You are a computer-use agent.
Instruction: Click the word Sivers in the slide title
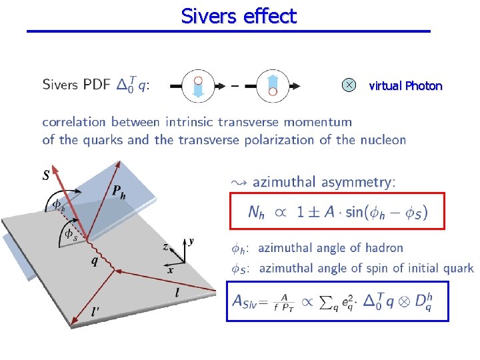[x=205, y=15]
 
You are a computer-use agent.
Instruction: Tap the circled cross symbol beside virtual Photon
[x=348, y=85]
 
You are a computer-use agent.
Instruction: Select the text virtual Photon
[x=405, y=85]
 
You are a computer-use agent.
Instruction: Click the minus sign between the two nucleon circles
[x=234, y=86]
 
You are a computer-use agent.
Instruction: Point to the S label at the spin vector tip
[x=45, y=176]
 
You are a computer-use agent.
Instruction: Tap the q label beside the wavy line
[x=97, y=261]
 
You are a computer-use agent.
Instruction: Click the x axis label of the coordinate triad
[x=171, y=271]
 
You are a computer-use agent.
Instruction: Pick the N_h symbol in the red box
[x=256, y=213]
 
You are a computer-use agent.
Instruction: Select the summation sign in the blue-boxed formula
[x=331, y=302]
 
